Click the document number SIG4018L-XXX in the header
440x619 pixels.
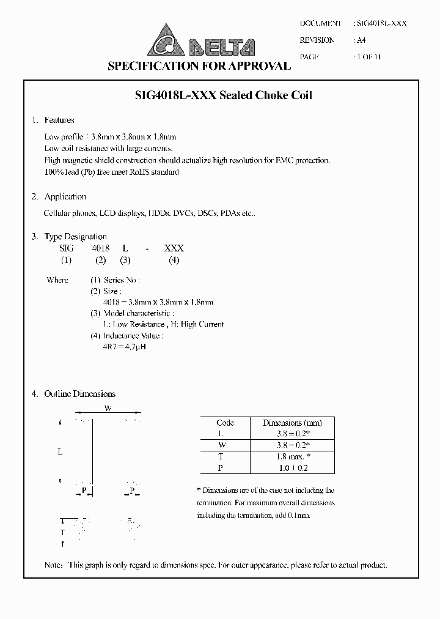(x=381, y=23)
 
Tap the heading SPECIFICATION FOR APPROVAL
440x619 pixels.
(x=199, y=66)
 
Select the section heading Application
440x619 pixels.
(x=65, y=197)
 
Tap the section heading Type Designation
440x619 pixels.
(x=76, y=237)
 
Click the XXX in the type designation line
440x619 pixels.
(x=174, y=248)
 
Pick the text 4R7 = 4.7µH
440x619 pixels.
(x=125, y=347)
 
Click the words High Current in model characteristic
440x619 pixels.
(x=202, y=324)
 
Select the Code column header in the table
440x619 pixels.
(x=225, y=423)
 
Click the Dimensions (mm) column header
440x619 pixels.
(x=292, y=423)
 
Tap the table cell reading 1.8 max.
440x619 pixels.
(x=292, y=456)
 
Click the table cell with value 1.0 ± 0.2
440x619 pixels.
(x=292, y=468)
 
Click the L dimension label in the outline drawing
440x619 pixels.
(x=60, y=452)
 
